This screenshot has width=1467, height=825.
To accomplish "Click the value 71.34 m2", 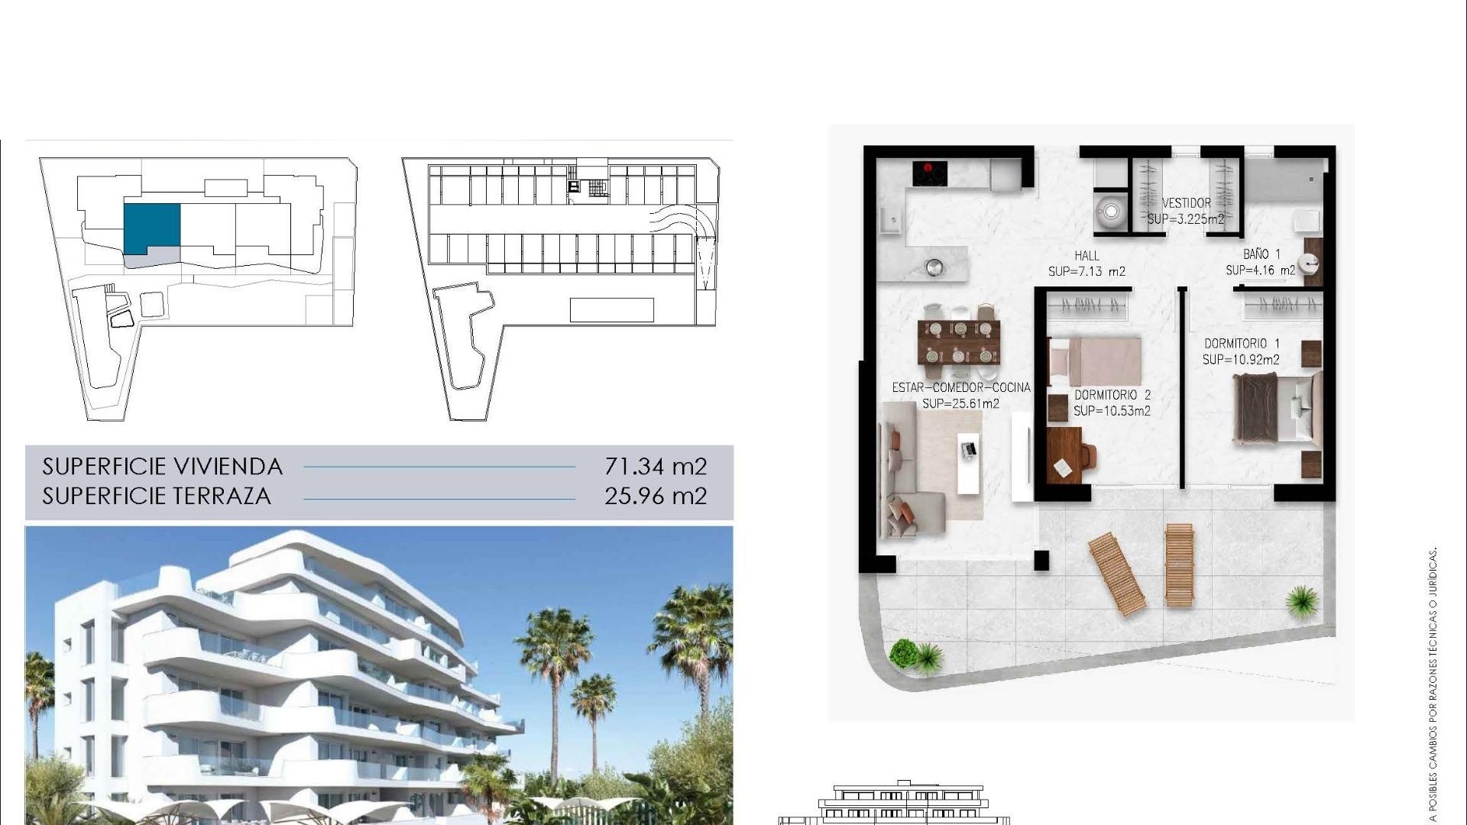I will coord(656,466).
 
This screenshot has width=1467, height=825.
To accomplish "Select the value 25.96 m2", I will coord(656,496).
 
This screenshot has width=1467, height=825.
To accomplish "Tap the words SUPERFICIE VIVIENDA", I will coord(162,466).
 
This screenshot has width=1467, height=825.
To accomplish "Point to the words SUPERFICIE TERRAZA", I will coord(157,496).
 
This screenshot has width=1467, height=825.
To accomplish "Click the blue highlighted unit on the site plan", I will coord(152,227).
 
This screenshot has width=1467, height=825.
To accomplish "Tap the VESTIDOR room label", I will coord(1186,203).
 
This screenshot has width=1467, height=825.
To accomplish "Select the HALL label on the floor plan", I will coord(1086,256).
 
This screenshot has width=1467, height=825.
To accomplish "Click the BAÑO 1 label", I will coord(1261,254).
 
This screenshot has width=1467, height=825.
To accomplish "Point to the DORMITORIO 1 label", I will coord(1242,344).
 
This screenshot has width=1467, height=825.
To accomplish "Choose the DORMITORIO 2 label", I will coord(1112,395).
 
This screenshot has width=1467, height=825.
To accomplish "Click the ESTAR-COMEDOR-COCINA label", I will coord(961,387).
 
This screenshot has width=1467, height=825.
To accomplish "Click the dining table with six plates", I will coord(959,341).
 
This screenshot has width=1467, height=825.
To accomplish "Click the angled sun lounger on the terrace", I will coord(1116,573).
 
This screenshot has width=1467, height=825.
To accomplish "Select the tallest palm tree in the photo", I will coord(552,649).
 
